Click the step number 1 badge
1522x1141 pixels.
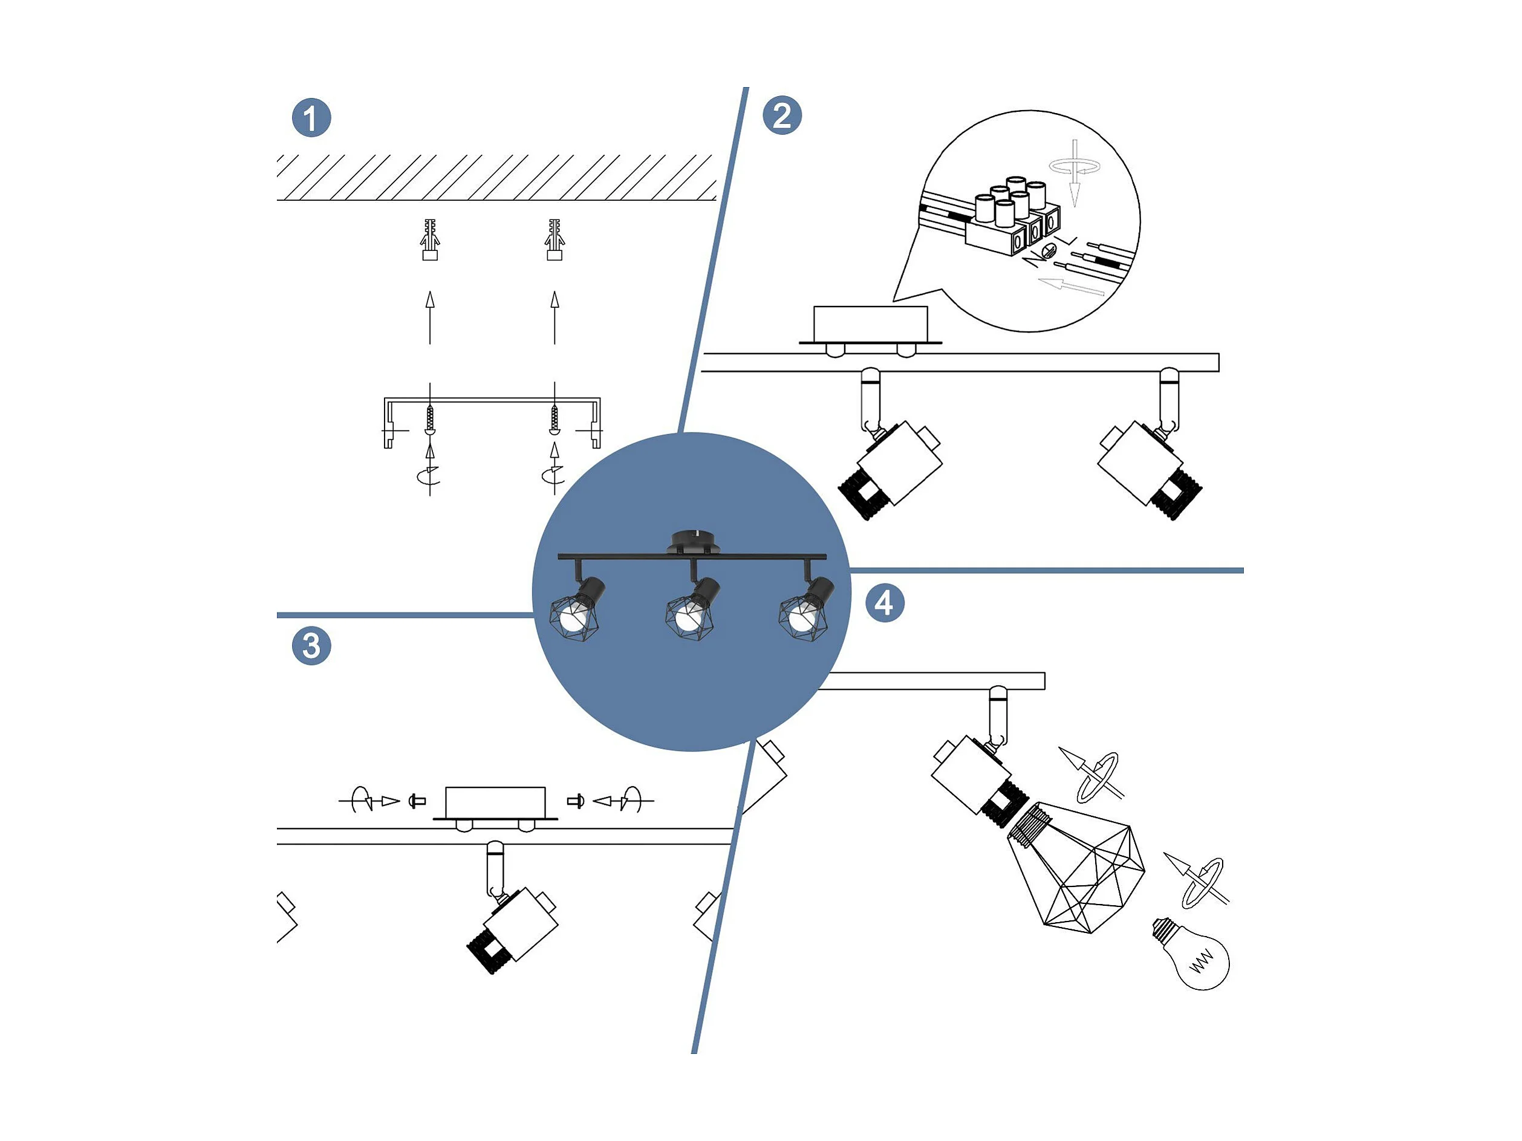(x=311, y=118)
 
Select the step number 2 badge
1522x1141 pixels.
(x=782, y=115)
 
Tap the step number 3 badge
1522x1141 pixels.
(x=311, y=646)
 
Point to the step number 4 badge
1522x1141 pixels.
(x=884, y=603)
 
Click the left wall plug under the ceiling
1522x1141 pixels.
(x=430, y=239)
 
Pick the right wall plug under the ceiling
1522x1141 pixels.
(x=554, y=239)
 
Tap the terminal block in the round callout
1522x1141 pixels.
(x=1013, y=217)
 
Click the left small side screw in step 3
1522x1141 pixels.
(x=417, y=801)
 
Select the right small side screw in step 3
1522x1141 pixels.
(x=576, y=801)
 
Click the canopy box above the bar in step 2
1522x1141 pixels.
(x=870, y=325)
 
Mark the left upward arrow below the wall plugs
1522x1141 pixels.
(x=430, y=317)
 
